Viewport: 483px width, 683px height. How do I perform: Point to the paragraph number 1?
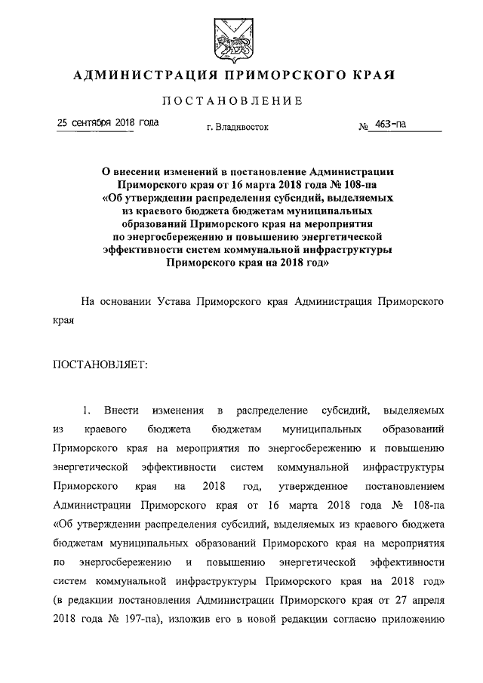tap(88, 410)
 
